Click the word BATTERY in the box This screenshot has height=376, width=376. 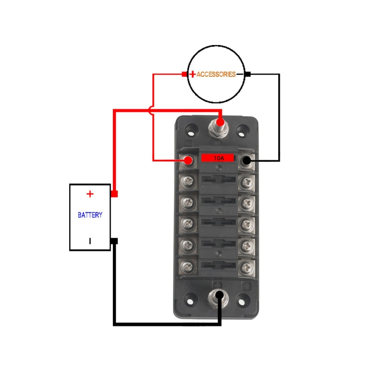pyautogui.click(x=90, y=215)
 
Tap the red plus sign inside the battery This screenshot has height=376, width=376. pyautogui.click(x=90, y=194)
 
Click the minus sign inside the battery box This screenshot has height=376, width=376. pyautogui.click(x=90, y=241)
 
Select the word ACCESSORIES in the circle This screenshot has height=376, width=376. pyautogui.click(x=216, y=74)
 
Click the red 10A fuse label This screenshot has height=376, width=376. pyautogui.click(x=219, y=158)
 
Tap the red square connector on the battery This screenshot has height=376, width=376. pyautogui.click(x=114, y=194)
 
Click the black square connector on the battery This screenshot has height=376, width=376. pyautogui.click(x=114, y=241)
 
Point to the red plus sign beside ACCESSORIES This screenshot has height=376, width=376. pyautogui.click(x=193, y=74)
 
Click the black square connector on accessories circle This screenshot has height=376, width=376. pyautogui.click(x=248, y=74)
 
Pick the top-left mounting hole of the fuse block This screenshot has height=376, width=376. pyautogui.click(x=191, y=129)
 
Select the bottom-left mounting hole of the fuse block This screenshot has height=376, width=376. pyautogui.click(x=191, y=301)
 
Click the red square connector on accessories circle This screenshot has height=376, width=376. pyautogui.click(x=184, y=74)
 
